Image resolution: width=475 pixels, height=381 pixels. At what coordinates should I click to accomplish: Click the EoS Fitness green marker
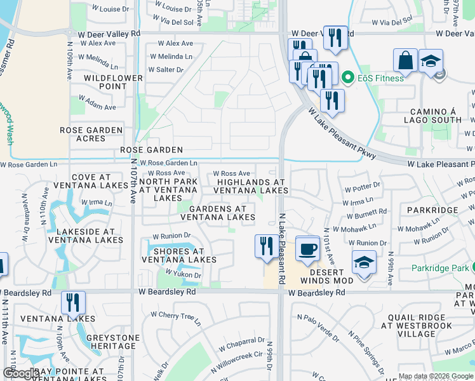coord(347,78)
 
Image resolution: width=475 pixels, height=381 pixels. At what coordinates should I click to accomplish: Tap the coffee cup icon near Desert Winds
coord(307,249)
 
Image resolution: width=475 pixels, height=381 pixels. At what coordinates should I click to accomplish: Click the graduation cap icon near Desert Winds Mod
coord(364,263)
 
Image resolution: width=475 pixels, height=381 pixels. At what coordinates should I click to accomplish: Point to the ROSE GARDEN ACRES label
coord(91,135)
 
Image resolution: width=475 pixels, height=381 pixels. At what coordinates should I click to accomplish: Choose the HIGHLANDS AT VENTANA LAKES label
coord(250,186)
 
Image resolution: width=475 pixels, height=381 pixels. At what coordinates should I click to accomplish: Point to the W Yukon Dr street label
coord(183,274)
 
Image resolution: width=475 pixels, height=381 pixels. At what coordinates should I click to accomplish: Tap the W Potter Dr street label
coord(362,187)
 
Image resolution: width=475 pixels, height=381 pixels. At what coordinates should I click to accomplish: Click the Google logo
coord(21,373)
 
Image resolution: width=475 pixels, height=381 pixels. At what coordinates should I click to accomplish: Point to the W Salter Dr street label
coord(166,69)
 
